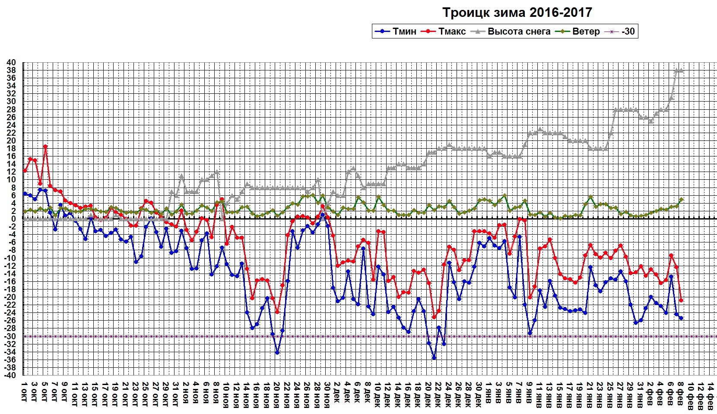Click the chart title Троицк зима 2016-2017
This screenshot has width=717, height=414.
pos(517,13)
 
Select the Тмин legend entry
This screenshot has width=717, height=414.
pos(396,31)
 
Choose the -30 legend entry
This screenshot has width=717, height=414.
pos(622,31)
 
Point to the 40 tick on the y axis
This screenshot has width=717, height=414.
pos(12,63)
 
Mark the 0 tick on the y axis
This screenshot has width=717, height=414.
pos(14,219)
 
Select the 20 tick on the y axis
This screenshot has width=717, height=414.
pos(12,141)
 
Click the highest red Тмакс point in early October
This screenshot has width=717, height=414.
pos(45,146)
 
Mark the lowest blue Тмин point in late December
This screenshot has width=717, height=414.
pos(434,358)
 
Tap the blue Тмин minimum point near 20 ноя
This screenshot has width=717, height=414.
pos(277,353)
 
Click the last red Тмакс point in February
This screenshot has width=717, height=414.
pos(681,300)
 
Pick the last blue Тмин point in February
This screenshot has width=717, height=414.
pos(681,318)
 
